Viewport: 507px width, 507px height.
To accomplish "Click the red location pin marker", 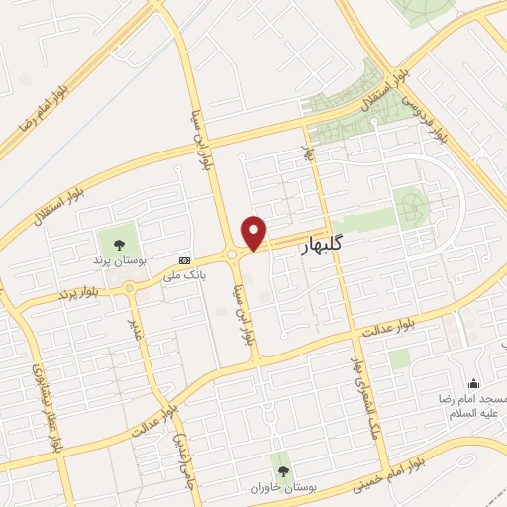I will [x=254, y=233].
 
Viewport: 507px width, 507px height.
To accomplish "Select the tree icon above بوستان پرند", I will [x=120, y=243].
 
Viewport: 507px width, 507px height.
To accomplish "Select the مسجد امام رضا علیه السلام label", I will [x=472, y=404].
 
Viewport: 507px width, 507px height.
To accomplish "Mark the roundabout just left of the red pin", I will [x=232, y=254].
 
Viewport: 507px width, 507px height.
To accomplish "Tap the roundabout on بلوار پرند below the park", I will [x=129, y=286].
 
